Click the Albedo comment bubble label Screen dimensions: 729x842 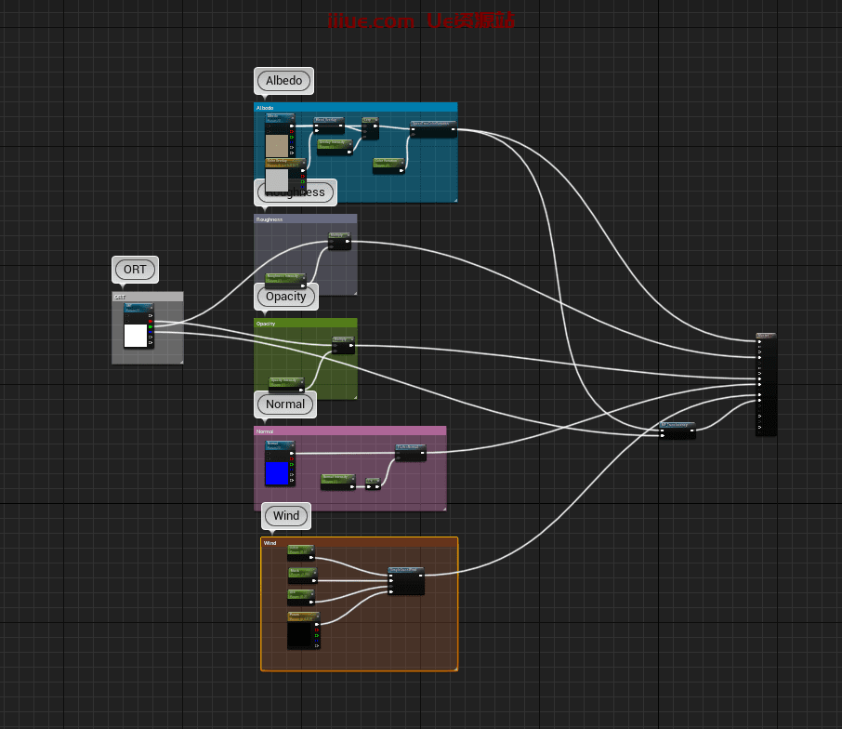[x=283, y=81]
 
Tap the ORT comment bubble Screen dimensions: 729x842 [x=135, y=270]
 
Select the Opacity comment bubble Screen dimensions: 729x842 [x=285, y=297]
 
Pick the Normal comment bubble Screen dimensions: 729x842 [x=284, y=404]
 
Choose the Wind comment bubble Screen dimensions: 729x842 [x=286, y=516]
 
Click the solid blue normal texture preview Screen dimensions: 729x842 [x=277, y=473]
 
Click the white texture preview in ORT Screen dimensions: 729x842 [x=136, y=336]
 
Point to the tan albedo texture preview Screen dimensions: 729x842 [x=277, y=145]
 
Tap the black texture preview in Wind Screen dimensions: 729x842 [x=299, y=634]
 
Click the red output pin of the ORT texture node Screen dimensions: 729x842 [x=150, y=322]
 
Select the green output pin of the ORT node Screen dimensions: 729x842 [x=150, y=327]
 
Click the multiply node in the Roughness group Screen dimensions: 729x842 [x=339, y=242]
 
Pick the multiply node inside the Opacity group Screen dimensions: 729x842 [x=343, y=346]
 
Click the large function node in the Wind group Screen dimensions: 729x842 [x=406, y=581]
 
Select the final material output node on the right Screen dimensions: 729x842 [x=766, y=384]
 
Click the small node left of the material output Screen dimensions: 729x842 [x=678, y=430]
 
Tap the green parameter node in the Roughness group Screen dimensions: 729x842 [x=285, y=278]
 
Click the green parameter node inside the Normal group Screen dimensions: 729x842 [x=338, y=482]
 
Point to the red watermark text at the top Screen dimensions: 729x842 [x=421, y=20]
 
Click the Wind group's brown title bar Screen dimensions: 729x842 [x=359, y=543]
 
